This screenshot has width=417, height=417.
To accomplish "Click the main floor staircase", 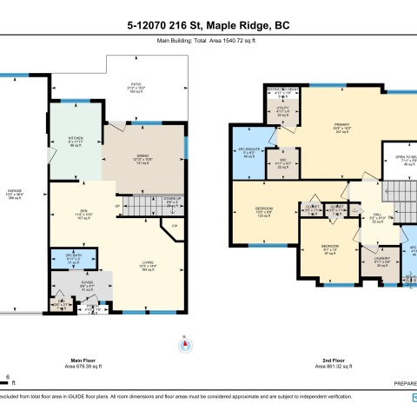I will (x=137, y=206).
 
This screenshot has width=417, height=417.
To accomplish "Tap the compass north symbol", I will (x=185, y=345).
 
